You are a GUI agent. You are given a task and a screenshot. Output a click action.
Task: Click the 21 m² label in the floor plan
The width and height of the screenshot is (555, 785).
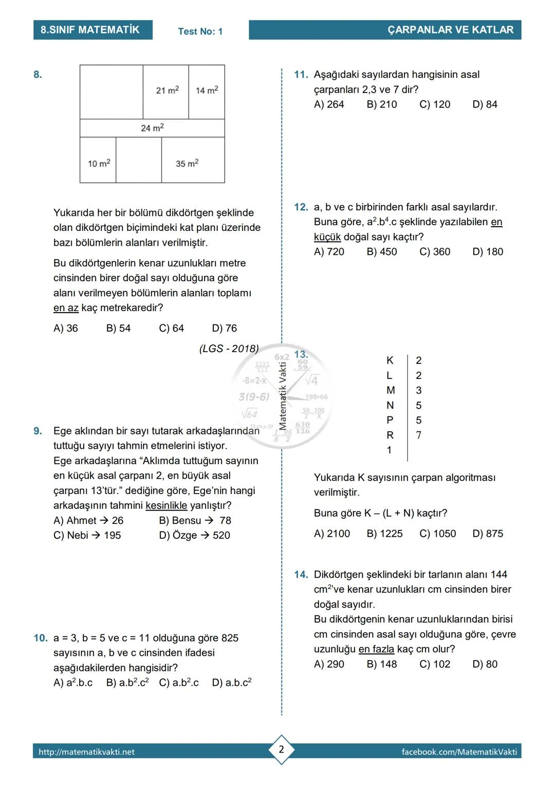point(168,90)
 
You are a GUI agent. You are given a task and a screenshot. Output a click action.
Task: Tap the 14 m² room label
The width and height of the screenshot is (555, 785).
point(207,90)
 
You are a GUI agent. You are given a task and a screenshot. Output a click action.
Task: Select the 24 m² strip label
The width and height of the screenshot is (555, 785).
point(152,127)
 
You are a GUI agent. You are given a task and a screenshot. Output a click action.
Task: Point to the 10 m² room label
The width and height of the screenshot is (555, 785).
point(99,163)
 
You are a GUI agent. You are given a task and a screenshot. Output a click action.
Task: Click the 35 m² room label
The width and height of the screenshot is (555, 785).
point(187,163)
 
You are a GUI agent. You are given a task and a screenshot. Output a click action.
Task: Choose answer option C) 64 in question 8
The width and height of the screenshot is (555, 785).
point(171,328)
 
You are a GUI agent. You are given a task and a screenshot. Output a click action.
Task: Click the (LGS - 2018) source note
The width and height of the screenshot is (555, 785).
point(229,349)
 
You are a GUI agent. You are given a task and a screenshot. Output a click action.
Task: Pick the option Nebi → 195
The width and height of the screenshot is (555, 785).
point(87,535)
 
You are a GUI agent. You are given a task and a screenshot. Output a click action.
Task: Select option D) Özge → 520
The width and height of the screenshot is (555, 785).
point(195,535)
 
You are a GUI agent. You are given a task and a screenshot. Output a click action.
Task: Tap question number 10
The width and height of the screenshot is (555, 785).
point(40,638)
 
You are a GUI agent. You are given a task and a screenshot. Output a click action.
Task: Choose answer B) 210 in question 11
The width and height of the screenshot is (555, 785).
point(382,104)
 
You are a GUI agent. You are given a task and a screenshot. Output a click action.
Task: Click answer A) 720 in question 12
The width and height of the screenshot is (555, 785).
point(329,252)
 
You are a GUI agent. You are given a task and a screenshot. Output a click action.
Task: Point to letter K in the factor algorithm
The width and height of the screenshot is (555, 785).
point(390,360)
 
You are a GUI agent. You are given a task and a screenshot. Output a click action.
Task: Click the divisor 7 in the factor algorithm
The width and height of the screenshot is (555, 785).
point(419,435)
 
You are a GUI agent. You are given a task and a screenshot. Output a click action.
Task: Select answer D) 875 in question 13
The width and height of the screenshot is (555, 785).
point(488,534)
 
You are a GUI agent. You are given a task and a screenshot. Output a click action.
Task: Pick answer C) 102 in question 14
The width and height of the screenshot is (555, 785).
point(435,664)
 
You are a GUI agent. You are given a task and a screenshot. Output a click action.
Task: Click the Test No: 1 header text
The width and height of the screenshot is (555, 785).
point(200,31)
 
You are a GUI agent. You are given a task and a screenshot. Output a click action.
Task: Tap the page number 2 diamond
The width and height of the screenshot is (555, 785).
point(281,750)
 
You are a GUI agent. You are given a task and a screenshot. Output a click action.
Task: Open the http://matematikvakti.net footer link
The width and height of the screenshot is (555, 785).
point(87,752)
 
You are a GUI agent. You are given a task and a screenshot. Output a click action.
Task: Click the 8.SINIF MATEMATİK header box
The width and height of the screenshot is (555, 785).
point(92,30)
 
